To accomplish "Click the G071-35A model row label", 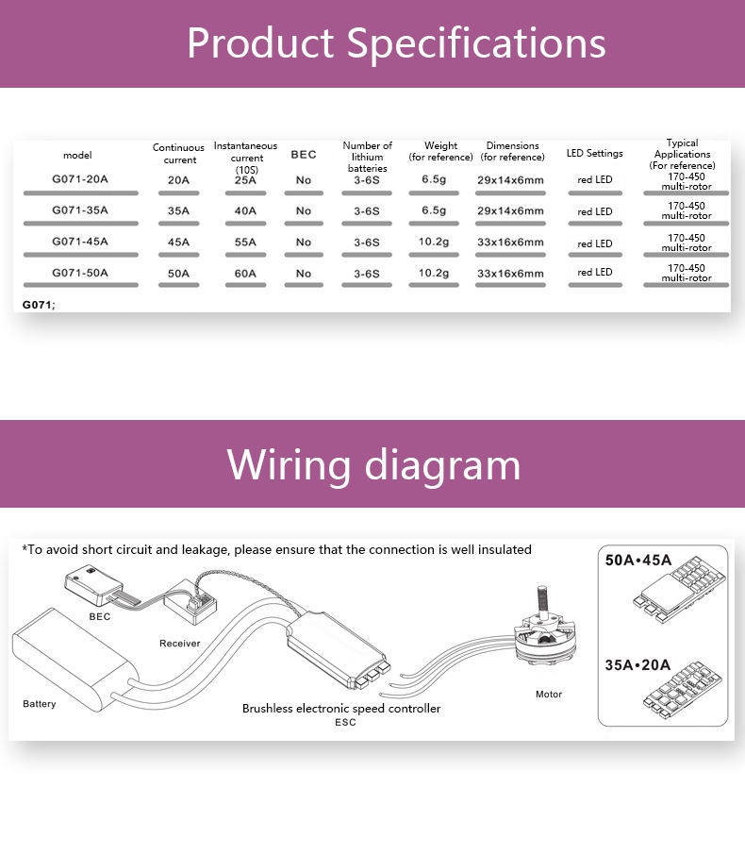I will click(x=79, y=210).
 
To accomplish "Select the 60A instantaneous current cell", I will click(x=245, y=274).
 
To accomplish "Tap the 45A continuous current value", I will click(x=178, y=242).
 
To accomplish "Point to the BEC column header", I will click(x=304, y=155).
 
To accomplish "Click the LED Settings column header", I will click(x=594, y=153).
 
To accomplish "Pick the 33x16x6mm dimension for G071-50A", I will click(x=510, y=274).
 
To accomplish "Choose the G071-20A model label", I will click(x=79, y=178).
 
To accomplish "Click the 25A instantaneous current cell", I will click(x=245, y=179).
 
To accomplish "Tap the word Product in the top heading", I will click(x=260, y=43).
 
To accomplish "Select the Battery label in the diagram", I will click(x=40, y=704).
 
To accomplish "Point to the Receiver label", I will click(x=179, y=643).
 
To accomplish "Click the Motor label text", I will click(x=548, y=695).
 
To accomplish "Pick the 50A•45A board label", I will click(x=638, y=560).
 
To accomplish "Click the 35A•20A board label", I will click(x=638, y=663).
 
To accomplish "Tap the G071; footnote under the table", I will click(x=39, y=304).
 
